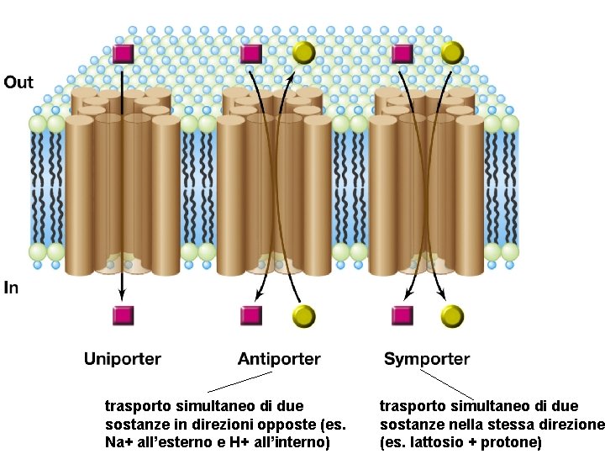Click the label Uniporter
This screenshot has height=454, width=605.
pyautogui.click(x=122, y=359)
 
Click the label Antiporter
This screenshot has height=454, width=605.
pyautogui.click(x=279, y=359)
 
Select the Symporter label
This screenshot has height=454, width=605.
pyautogui.click(x=427, y=359)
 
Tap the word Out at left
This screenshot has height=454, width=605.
pyautogui.click(x=18, y=82)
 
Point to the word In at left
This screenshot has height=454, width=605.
pyautogui.click(x=11, y=288)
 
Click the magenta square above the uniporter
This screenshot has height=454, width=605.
pyautogui.click(x=124, y=54)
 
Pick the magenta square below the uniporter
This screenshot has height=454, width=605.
pyautogui.click(x=124, y=315)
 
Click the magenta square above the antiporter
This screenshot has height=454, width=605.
pyautogui.click(x=250, y=54)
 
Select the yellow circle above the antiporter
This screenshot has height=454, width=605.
pyautogui.click(x=303, y=53)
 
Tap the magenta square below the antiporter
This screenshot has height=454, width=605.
pyautogui.click(x=251, y=315)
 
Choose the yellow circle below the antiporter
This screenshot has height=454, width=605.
pyautogui.click(x=303, y=316)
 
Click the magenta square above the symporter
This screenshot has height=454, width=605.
pyautogui.click(x=402, y=54)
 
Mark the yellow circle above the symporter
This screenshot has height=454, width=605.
pyautogui.click(x=452, y=53)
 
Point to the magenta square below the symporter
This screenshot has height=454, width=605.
pyautogui.click(x=402, y=315)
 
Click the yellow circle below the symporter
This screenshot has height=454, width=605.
pyautogui.click(x=452, y=316)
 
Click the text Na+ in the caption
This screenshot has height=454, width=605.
pyautogui.click(x=117, y=442)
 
